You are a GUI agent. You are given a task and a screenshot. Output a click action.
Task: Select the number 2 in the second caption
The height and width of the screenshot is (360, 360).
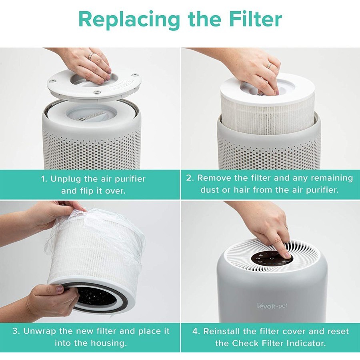(189, 178)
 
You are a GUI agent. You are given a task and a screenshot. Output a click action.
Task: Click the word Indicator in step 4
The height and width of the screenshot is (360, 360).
(316, 343)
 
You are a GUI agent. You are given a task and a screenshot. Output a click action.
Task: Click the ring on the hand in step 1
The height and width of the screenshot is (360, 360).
(91, 56)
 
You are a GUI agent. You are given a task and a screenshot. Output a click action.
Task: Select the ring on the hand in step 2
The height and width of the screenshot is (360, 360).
(270, 65)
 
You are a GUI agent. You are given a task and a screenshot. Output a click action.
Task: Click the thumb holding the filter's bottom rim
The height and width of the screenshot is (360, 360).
(60, 289)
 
